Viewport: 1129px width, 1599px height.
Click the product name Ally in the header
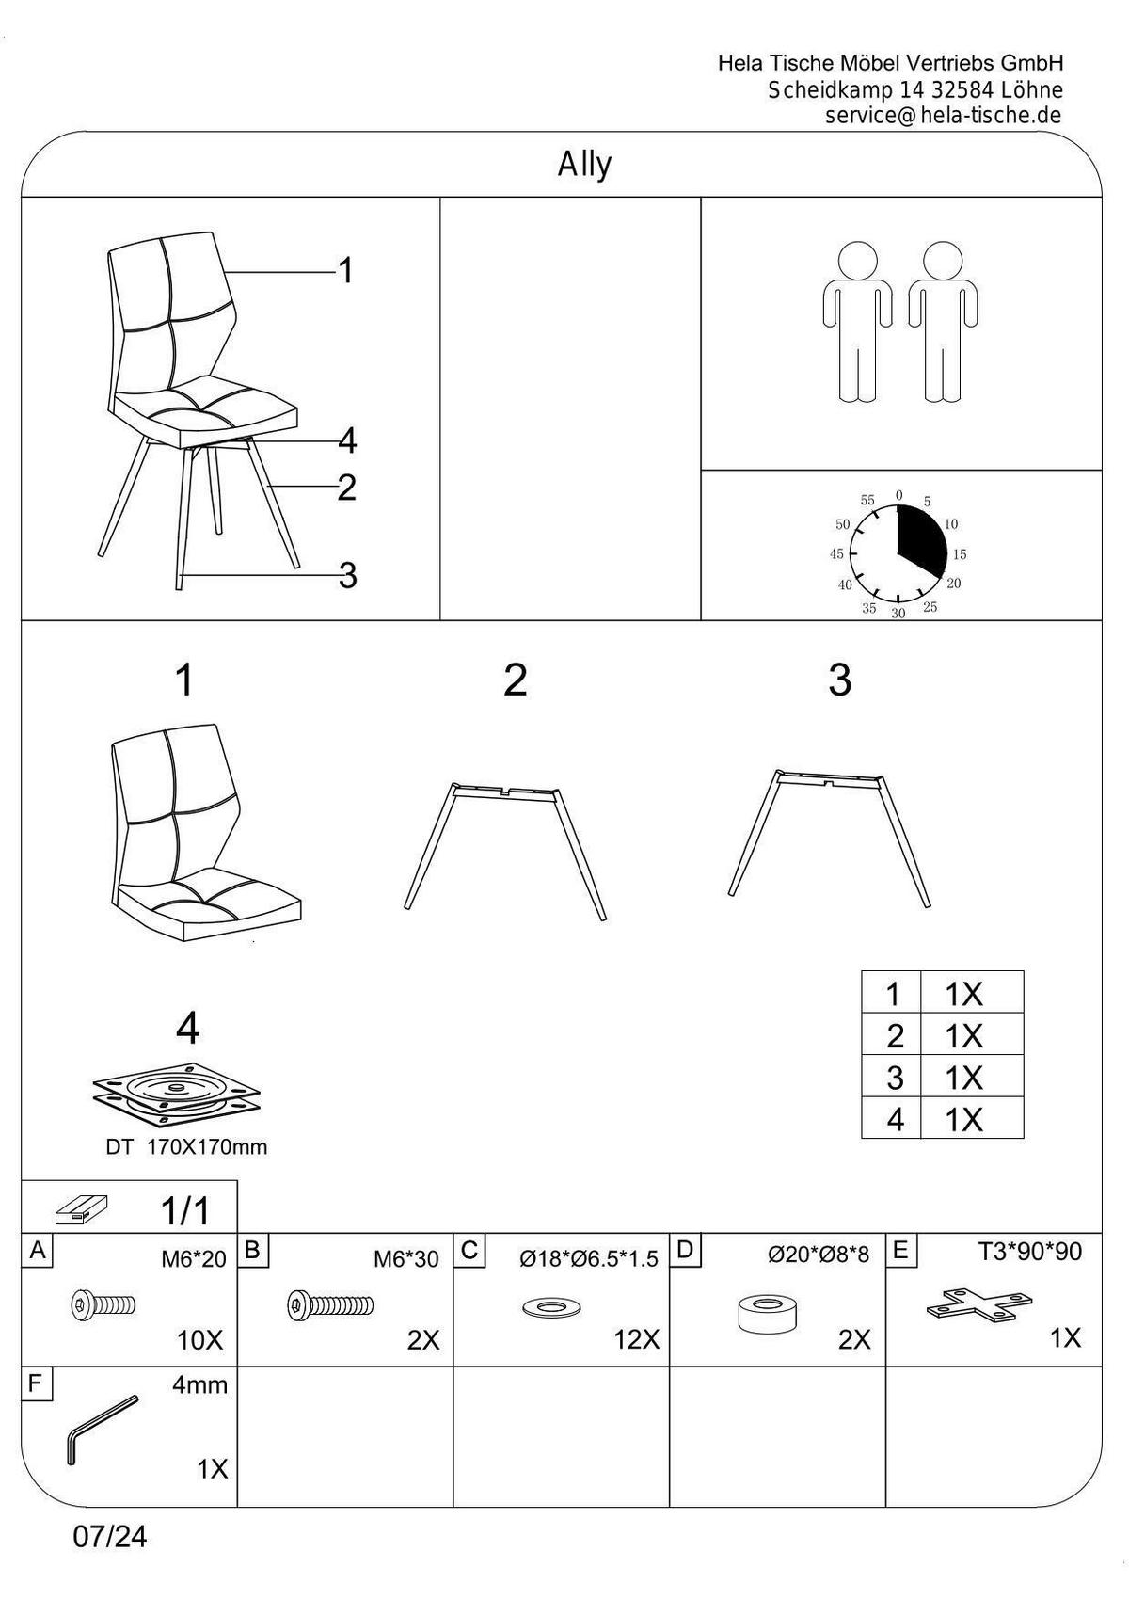pos(584,166)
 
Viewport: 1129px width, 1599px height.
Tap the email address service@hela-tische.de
pos(944,115)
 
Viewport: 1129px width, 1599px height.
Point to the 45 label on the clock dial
pos(836,554)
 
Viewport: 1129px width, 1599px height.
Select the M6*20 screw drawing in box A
pos(103,1305)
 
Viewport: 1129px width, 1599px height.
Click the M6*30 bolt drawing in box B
pos(330,1305)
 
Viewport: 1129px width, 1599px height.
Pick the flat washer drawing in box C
pos(551,1308)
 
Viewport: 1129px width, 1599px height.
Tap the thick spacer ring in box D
pos(767,1314)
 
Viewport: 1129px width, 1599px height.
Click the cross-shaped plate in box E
pos(979,1303)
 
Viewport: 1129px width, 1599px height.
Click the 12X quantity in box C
pos(637,1340)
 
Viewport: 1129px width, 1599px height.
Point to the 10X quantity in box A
pos(199,1340)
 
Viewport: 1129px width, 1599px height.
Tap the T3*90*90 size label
pos(1029,1252)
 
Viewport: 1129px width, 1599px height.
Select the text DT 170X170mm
pos(186,1147)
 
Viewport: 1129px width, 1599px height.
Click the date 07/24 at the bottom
pos(110,1536)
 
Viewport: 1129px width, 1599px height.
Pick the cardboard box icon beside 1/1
pos(81,1210)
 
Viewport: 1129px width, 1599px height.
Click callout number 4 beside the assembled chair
pos(347,440)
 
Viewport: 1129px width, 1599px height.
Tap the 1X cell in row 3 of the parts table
pos(963,1078)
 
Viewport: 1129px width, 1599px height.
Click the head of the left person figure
pos(857,261)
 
